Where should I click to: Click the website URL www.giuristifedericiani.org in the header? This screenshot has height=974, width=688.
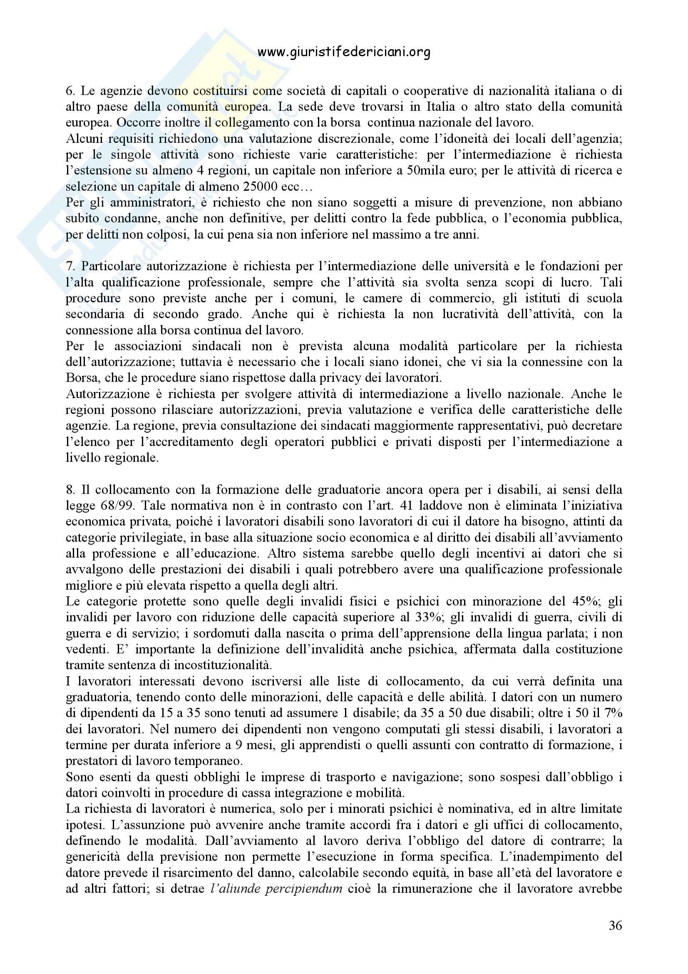click(344, 52)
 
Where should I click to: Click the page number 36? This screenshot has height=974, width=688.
click(615, 925)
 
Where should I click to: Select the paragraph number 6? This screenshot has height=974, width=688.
click(70, 91)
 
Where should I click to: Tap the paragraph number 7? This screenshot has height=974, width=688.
click(70, 267)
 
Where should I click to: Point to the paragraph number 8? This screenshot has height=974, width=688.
click(70, 490)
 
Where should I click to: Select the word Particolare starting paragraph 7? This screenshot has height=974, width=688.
click(109, 267)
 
